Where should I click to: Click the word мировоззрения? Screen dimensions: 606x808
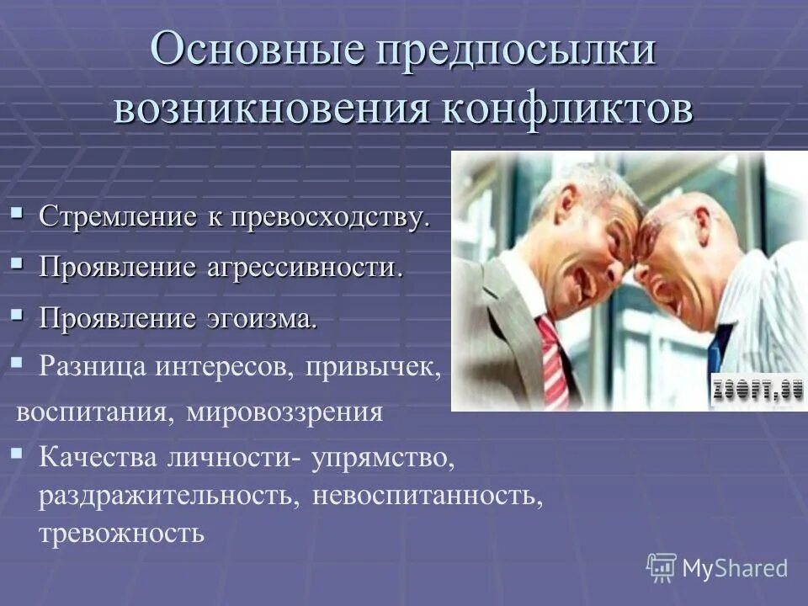[284, 413]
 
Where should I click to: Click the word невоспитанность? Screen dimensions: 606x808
[428, 496]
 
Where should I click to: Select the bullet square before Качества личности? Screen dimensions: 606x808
[17, 454]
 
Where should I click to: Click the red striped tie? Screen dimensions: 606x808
[552, 362]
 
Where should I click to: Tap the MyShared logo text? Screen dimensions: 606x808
[735, 568]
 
